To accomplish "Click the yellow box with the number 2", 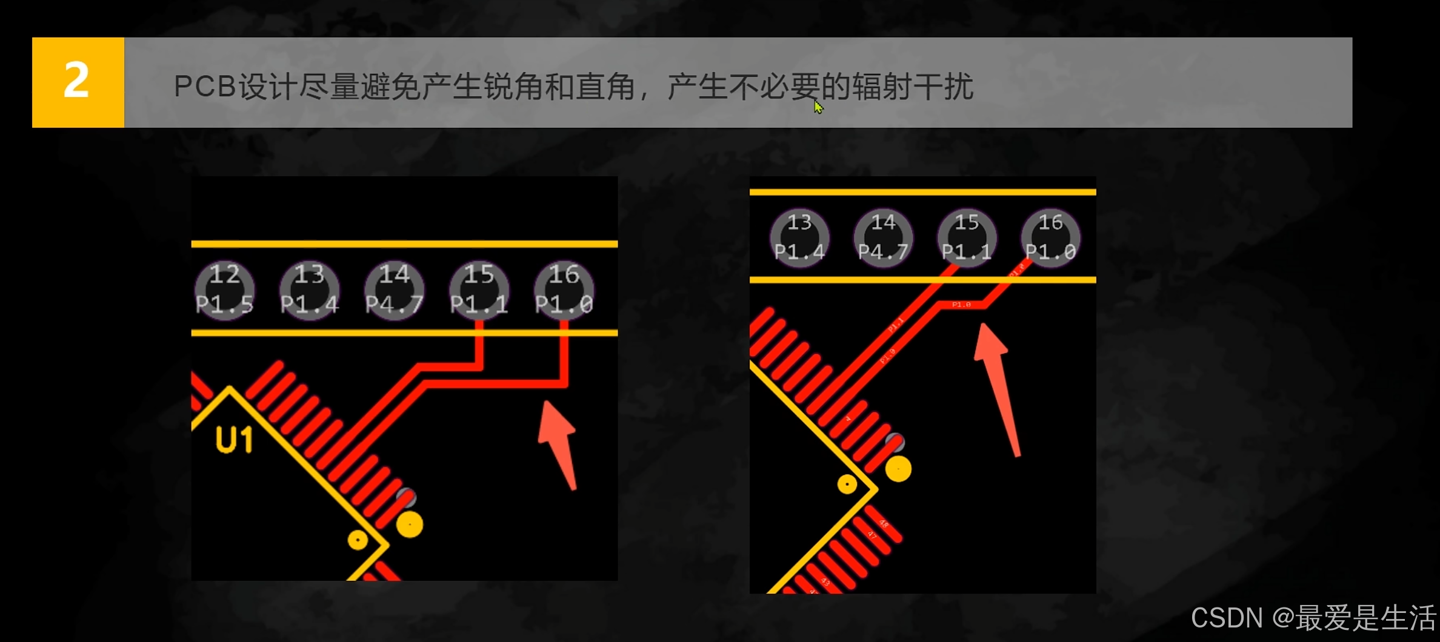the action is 78,82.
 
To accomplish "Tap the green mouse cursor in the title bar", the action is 818,107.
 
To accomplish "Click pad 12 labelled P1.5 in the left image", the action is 224,290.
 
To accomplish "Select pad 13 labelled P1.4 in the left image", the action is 309,290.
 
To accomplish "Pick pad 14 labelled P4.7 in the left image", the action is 394,290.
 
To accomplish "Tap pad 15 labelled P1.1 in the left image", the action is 479,290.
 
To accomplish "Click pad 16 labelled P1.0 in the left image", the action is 564,290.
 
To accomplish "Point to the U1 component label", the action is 234,440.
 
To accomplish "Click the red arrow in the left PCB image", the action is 559,442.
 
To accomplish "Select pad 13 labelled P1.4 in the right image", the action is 799,237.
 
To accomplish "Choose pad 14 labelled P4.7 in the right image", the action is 883,237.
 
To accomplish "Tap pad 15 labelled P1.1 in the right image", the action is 967,237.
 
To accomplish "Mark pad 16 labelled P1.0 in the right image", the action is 1050,237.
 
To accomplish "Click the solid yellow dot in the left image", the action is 410,525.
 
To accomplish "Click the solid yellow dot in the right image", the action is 898,469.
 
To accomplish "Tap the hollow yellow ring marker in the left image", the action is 358,540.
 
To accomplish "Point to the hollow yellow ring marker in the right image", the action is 847,484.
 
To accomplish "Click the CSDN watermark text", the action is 1313,618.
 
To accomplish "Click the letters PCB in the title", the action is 204,87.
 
